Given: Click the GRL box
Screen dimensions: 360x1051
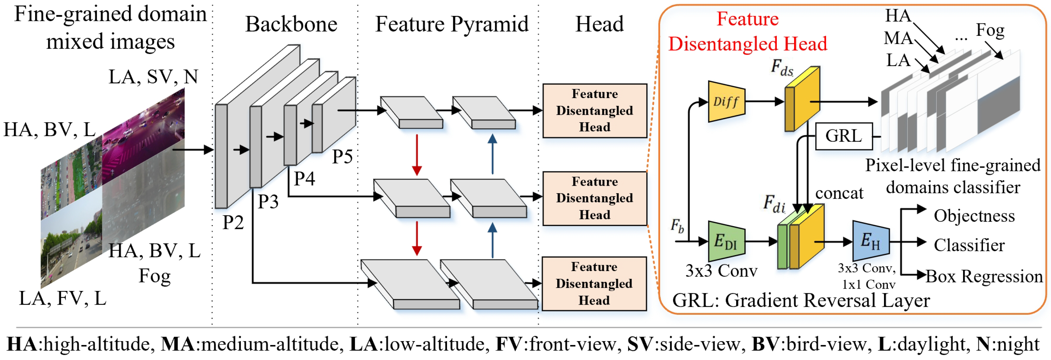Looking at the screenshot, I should click(843, 136).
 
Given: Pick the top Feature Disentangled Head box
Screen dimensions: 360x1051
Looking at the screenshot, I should click(595, 111).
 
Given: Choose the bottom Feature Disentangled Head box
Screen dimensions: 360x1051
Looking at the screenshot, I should click(594, 284).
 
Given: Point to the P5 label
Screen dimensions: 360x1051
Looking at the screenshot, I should click(342, 156).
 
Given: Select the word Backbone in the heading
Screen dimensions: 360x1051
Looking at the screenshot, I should click(291, 24).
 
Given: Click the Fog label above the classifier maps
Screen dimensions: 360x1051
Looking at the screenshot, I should click(990, 30).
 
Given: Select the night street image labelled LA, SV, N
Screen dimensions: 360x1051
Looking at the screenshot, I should click(144, 135).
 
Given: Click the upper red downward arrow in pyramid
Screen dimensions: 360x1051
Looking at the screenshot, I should click(416, 155).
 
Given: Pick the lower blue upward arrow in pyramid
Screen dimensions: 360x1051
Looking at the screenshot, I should click(492, 241).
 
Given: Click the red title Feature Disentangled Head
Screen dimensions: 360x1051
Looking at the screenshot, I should click(748, 31).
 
